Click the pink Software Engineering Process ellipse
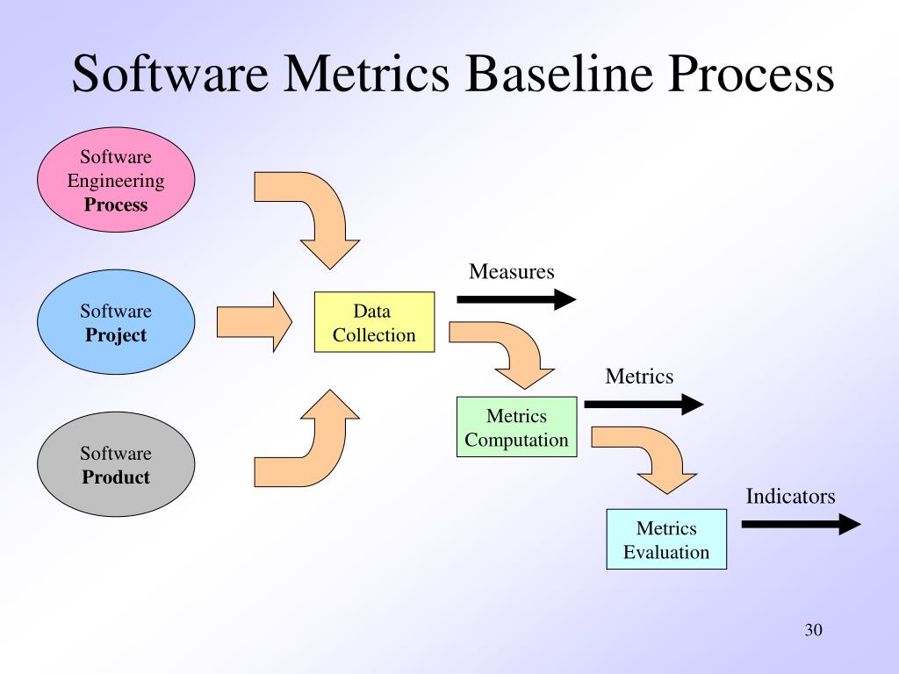116,182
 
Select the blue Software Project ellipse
116,323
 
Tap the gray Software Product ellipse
116,465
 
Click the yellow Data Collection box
374,322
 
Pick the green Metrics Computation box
516,427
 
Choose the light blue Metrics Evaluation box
666,540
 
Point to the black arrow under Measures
516,299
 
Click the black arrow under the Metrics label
644,404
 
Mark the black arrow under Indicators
801,525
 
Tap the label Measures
512,271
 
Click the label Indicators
790,497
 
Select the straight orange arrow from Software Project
254,322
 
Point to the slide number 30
812,630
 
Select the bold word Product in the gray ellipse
116,477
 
